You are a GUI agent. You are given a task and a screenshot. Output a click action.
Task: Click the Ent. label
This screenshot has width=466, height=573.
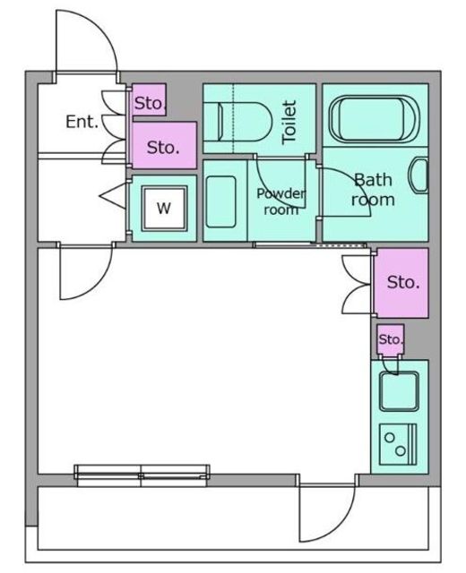[x=82, y=122]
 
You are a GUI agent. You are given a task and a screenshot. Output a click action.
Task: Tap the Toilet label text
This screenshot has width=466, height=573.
[x=289, y=122]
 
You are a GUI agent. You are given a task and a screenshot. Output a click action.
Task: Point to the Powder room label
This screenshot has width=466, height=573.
[x=280, y=201]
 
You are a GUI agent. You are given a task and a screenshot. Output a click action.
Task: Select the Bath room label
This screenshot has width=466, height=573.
[x=373, y=190]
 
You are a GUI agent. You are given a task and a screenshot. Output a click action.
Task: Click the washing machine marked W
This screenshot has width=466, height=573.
[x=164, y=208]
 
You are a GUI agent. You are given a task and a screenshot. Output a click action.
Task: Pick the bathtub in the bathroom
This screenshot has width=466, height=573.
[x=375, y=119]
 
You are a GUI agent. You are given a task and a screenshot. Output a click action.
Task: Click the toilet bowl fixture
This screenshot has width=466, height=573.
[x=237, y=122]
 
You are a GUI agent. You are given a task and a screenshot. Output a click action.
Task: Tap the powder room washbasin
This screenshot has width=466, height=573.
[x=221, y=201]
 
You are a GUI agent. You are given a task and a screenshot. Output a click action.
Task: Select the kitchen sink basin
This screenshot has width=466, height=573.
[x=399, y=391]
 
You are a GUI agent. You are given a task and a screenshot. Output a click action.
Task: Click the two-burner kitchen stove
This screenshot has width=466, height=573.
[x=398, y=444]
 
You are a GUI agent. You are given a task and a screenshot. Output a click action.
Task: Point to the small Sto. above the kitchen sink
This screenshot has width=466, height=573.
[x=391, y=339]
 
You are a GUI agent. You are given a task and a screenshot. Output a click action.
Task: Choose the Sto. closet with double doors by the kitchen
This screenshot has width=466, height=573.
[x=402, y=283]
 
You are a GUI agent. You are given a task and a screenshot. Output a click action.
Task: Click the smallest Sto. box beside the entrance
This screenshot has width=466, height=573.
[x=150, y=100]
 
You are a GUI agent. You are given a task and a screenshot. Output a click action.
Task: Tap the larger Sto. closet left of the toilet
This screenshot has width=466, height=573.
[x=164, y=145]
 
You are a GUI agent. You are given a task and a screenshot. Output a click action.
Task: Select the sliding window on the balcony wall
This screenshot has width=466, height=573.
[x=142, y=475]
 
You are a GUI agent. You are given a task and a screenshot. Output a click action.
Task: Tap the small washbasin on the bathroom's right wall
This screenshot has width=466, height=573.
[x=420, y=175]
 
